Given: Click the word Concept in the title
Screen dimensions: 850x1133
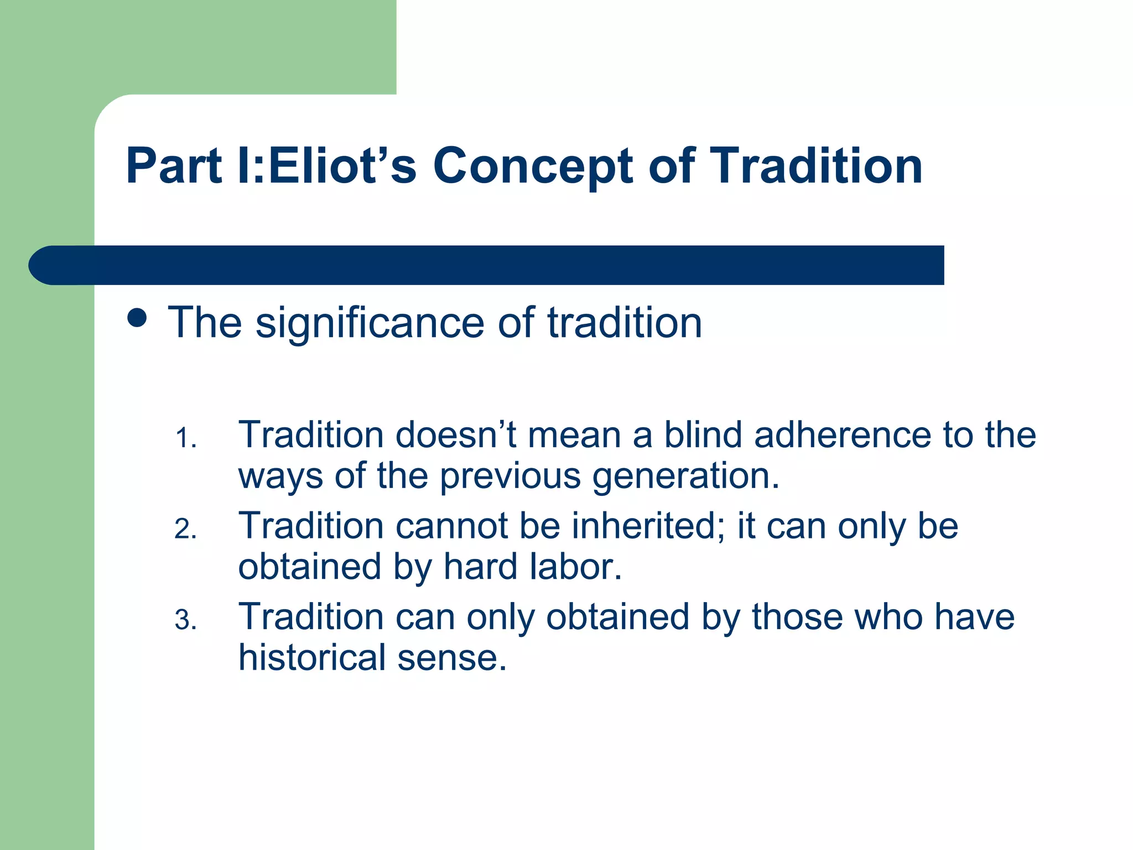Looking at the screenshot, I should (x=532, y=166).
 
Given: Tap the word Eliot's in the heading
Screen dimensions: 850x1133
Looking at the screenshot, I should (x=342, y=166).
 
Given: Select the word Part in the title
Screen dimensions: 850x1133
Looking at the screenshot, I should (x=174, y=166).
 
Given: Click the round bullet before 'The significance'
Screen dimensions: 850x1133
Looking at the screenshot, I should (x=137, y=318).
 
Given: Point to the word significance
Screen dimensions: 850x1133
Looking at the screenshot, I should (x=370, y=323).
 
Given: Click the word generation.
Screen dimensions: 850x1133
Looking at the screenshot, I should (x=685, y=477).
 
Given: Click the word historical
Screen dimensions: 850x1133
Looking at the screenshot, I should (x=312, y=658).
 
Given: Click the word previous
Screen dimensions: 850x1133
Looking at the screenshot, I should (x=510, y=477).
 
